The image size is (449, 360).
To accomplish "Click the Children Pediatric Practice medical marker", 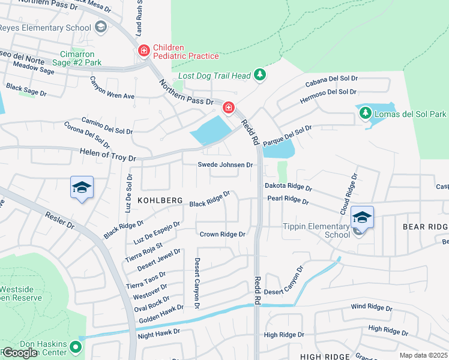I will point(143,50).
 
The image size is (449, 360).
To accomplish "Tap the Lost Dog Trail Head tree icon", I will point(259,75).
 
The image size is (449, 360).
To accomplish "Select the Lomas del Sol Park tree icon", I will point(365,113).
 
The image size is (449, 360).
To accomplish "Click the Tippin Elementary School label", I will point(316,230).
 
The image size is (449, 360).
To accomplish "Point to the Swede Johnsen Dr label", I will point(226,164).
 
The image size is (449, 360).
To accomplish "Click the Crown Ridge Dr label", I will point(223,234).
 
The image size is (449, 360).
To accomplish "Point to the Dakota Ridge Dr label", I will point(289,187).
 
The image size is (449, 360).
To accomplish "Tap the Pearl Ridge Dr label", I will point(288,199).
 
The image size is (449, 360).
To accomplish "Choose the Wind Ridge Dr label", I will point(372,308).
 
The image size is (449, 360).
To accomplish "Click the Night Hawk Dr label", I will point(158,332).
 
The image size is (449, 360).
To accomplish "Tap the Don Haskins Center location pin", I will point(75,347).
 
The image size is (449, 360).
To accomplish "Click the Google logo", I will point(20,353).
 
